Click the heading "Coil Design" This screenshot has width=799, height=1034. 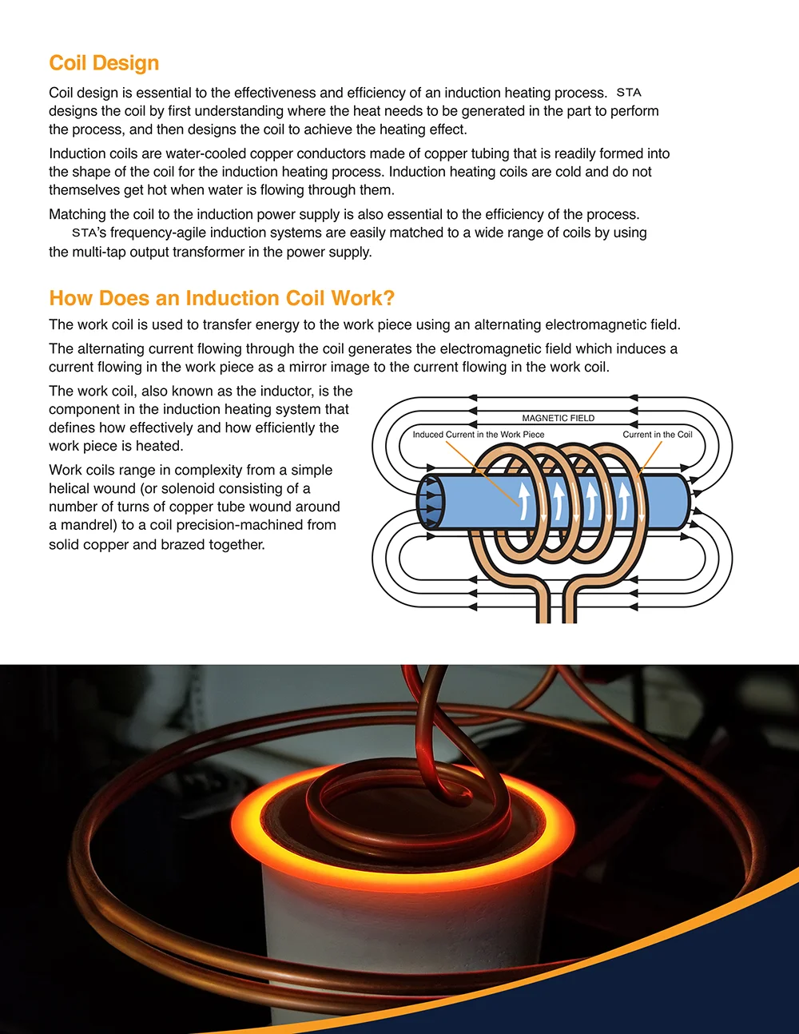coord(104,63)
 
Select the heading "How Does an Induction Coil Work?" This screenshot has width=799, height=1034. coord(222,298)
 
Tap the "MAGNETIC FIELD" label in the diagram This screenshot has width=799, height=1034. coord(558,418)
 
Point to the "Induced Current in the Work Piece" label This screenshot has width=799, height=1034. coord(478,435)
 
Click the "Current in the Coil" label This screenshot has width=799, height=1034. coord(657,435)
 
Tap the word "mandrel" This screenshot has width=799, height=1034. coord(83,525)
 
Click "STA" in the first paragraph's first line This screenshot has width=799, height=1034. coord(629,93)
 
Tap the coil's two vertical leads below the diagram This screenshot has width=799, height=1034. coord(556,603)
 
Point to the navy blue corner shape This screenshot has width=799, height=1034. coord(719,991)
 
